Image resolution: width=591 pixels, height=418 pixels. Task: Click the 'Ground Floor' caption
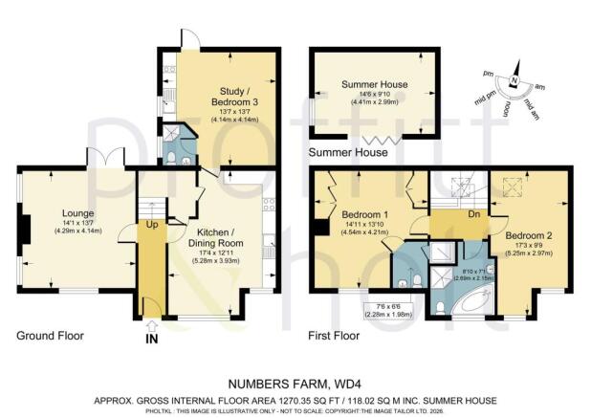point(50,336)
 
